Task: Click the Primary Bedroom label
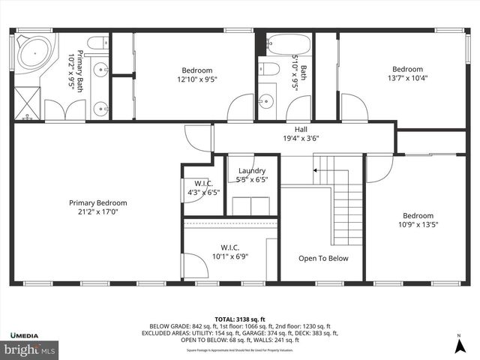pyautogui.click(x=97, y=202)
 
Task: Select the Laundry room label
pyautogui.click(x=251, y=171)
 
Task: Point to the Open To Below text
pyautogui.click(x=323, y=258)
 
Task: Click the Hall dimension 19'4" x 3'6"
pyautogui.click(x=301, y=138)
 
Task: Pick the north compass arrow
pyautogui.click(x=458, y=344)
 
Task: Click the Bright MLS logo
pyautogui.click(x=29, y=349)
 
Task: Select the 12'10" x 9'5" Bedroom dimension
pyautogui.click(x=195, y=79)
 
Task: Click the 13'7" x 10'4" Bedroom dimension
pyautogui.click(x=407, y=78)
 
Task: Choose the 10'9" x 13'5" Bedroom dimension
pyautogui.click(x=417, y=224)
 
